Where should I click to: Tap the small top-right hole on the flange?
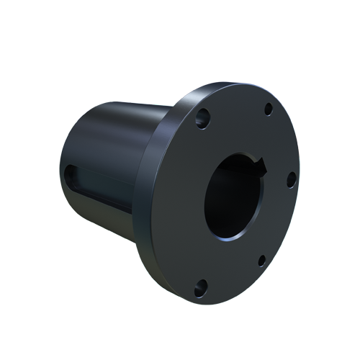pos(268,109)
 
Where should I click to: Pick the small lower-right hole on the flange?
pos(261,260)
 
